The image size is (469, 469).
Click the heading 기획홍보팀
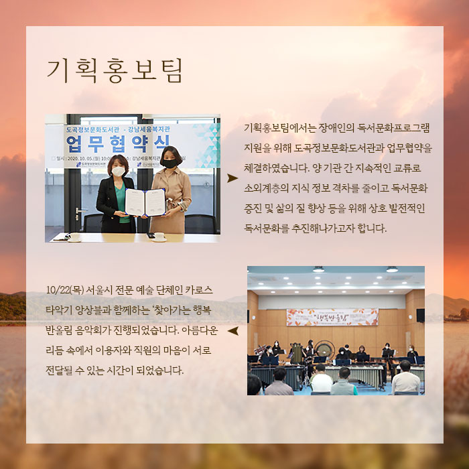click(114, 70)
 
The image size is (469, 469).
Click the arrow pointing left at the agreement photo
click(232, 178)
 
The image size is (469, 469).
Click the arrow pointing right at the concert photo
click(233, 331)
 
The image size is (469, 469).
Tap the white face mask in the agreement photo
click(118, 171)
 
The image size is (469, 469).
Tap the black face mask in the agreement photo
click(170, 163)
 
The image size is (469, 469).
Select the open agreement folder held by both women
click(145, 202)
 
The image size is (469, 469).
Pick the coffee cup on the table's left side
click(74, 236)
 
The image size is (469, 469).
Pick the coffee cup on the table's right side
click(159, 236)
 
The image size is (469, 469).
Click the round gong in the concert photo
click(326, 348)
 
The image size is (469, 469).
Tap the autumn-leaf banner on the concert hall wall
click(332, 317)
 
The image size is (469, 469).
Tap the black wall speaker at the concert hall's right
click(420, 315)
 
